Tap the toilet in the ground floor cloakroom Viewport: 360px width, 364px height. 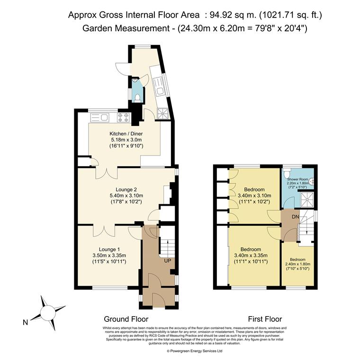137,98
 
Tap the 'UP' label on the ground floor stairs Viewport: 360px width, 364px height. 167,261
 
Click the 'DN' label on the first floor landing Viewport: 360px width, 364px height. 295,216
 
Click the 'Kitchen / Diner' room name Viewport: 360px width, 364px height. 126,134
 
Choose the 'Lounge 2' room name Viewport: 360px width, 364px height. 126,190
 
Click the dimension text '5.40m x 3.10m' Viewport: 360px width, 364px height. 126,196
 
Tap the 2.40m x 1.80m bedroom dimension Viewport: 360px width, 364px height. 297,264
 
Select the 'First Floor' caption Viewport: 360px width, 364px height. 265,319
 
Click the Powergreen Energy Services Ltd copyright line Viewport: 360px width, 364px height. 194,351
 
